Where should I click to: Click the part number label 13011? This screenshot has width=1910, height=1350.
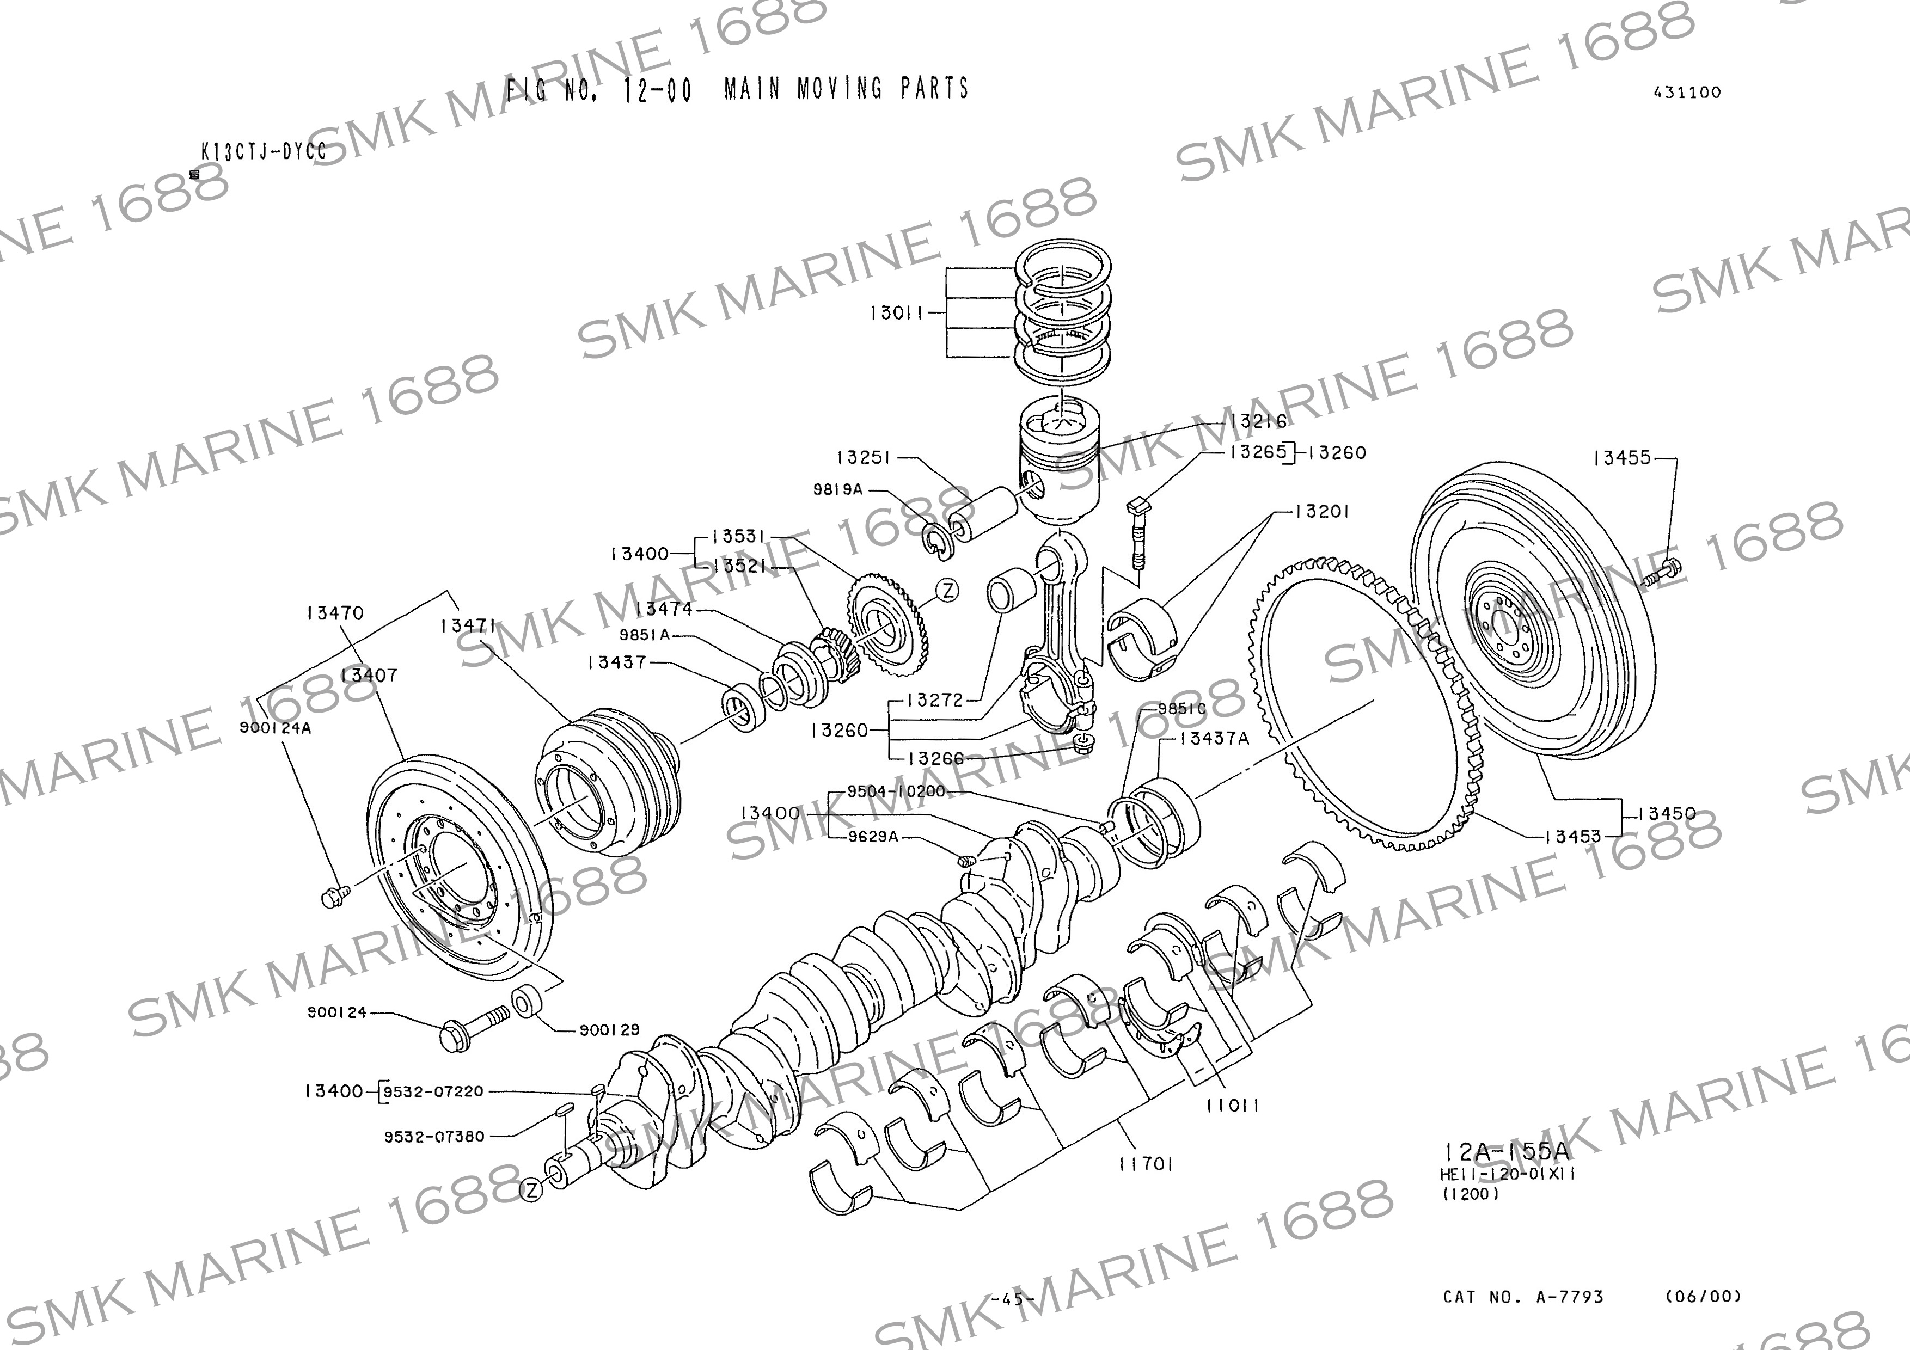click(896, 314)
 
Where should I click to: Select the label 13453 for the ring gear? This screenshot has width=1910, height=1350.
click(1572, 837)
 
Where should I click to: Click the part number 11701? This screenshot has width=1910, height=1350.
click(1146, 1164)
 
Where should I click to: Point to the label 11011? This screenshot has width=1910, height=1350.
click(1233, 1106)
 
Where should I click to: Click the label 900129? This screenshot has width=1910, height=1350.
click(609, 1030)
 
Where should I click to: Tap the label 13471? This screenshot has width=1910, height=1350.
click(468, 625)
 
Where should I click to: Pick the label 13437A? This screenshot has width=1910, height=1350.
click(1214, 738)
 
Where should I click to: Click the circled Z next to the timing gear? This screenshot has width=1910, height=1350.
click(947, 591)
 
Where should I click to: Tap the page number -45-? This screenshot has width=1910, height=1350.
click(1012, 1298)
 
